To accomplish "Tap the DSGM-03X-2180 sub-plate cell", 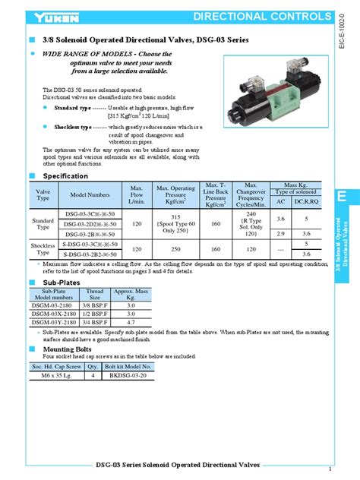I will pos(54,313).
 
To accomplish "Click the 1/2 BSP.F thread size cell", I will pos(94,313).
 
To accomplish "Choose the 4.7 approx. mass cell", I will pos(130,322).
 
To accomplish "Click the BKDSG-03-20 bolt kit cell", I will pos(131,375).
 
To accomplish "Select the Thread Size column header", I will pos(94,294).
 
